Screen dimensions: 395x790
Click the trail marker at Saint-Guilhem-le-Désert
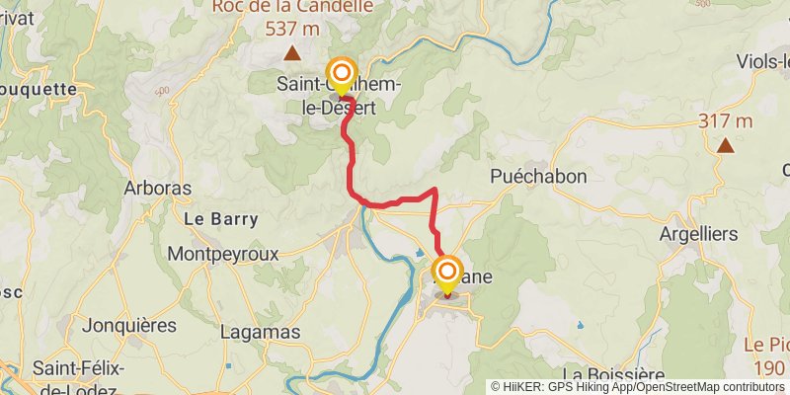coord(342,74)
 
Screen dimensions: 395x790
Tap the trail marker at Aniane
coord(448,272)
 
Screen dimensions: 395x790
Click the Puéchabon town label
coord(538,176)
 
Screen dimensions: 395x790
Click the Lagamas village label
coord(261,332)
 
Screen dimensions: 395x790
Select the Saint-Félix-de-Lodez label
coord(79,376)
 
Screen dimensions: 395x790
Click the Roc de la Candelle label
coord(292,6)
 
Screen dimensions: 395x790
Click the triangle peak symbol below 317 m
coord(725,146)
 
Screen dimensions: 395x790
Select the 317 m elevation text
coord(725,121)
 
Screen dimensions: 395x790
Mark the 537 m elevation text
coord(292,28)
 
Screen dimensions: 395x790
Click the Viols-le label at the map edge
coord(762,61)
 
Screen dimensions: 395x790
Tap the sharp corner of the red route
coord(435,188)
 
